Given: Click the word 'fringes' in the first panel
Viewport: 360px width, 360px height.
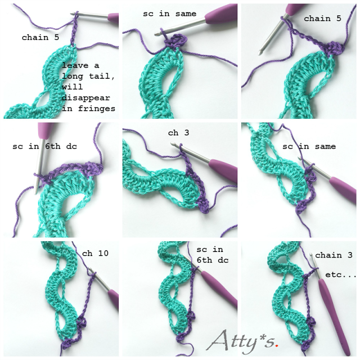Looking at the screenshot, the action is (96, 109).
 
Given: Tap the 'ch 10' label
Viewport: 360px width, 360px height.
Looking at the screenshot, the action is (95, 253).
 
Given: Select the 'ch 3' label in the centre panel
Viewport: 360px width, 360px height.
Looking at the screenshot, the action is (178, 133).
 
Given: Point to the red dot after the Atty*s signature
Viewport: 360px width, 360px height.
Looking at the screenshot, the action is (277, 345).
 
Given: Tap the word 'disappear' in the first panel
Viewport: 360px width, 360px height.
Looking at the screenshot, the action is (85, 98).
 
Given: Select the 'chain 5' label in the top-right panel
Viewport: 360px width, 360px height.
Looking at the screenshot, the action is (322, 19).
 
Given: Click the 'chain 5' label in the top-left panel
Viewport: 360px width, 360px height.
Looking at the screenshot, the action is (40, 38).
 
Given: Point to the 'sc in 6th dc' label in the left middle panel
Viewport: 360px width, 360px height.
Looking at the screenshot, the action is (45, 146).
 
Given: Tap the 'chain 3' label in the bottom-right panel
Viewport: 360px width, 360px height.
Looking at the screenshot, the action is (334, 255).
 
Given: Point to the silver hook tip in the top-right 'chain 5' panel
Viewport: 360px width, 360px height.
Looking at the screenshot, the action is (260, 53).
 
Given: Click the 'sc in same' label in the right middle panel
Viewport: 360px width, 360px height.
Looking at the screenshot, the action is (309, 146).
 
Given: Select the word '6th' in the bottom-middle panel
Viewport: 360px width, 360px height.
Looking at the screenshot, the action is (204, 260).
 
